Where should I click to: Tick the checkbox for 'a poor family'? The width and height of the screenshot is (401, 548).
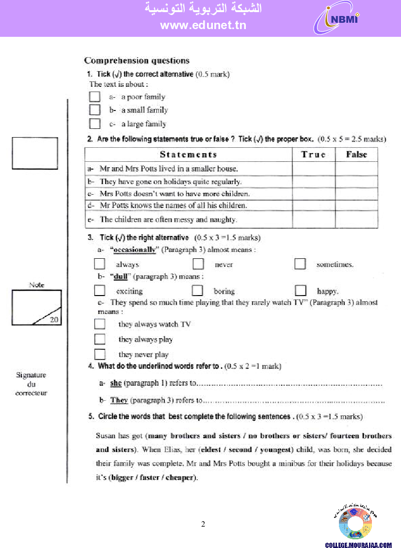[x=95, y=96]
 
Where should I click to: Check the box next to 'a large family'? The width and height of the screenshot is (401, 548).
[x=95, y=124]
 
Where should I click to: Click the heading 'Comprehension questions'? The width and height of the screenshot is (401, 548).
[x=137, y=61]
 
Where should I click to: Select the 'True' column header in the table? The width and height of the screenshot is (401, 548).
[x=313, y=155]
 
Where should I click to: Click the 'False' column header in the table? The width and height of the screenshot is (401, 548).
[x=356, y=155]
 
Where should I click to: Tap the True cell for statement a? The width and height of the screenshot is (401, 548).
[x=313, y=169]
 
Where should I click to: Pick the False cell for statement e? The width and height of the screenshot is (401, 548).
[x=356, y=219]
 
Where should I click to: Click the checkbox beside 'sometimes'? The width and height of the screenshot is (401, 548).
[x=300, y=264]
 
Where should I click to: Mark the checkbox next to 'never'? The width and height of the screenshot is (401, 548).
[x=198, y=264]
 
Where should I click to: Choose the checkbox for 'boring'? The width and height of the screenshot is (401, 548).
[x=197, y=291]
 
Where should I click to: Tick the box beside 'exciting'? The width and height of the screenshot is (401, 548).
[x=99, y=291]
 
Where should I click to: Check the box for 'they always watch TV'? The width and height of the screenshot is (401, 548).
[x=99, y=324]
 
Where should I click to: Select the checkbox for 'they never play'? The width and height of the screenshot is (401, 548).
[x=99, y=354]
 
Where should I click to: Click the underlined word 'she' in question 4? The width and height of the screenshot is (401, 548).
[x=116, y=383]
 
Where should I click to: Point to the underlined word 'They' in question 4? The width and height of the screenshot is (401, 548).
[x=119, y=400]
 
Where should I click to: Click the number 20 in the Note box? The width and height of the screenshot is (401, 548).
[x=53, y=319]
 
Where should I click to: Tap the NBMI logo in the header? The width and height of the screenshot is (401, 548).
[x=337, y=19]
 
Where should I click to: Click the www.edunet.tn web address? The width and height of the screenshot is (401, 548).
[x=203, y=26]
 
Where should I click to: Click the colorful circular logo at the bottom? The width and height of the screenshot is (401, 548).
[x=355, y=524]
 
